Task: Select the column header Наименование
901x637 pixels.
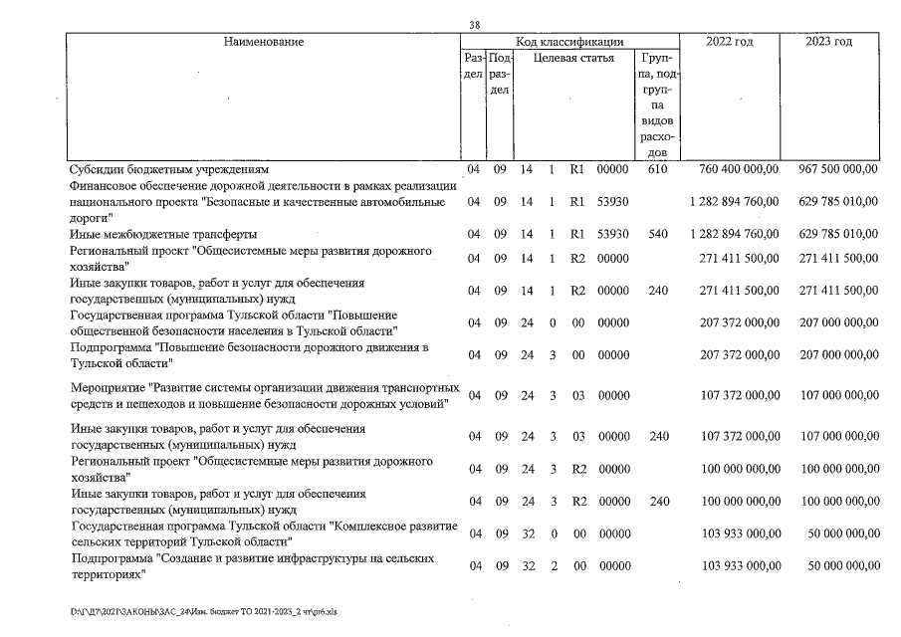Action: coord(264,42)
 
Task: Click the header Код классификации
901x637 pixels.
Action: coord(569,42)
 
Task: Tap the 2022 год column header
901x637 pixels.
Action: coord(729,42)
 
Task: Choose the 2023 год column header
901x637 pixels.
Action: coord(829,42)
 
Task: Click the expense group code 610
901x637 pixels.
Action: coord(656,169)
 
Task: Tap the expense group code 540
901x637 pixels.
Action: coord(656,234)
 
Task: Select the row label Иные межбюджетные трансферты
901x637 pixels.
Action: coord(149,234)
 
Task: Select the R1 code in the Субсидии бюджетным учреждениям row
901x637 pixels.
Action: coord(575,169)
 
